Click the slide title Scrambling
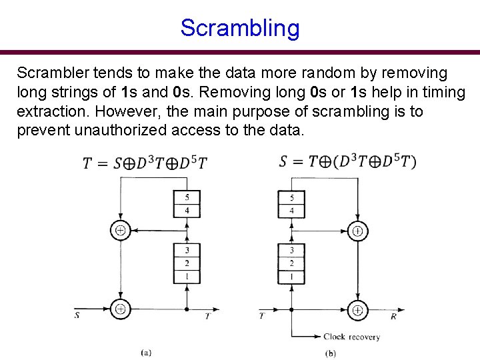(240, 29)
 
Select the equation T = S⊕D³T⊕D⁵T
(145, 163)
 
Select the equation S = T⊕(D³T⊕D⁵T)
(347, 162)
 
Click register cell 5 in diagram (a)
(187, 198)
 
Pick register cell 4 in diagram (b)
(291, 211)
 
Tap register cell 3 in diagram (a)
(187, 250)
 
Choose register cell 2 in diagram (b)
(291, 263)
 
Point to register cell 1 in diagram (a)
(187, 276)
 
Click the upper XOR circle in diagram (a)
(120, 231)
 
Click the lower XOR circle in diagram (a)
(120, 309)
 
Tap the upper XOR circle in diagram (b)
(358, 231)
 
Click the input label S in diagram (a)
(77, 316)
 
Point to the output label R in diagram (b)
(394, 317)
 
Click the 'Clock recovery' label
(351, 337)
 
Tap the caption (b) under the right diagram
(330, 353)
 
